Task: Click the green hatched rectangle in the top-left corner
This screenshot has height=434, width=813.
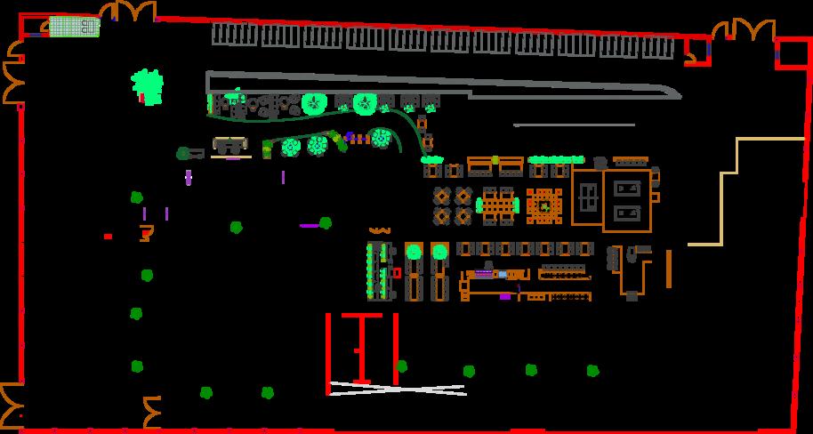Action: point(73,27)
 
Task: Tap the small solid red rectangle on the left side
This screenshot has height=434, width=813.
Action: point(108,237)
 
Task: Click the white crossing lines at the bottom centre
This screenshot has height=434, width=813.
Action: point(397,389)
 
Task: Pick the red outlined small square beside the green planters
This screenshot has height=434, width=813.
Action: point(397,272)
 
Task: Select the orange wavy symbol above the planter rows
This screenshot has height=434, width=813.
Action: point(380,231)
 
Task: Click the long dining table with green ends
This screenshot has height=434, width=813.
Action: point(499,205)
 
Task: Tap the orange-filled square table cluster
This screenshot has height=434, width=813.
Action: point(543,205)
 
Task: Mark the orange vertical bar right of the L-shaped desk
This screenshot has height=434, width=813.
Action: point(668,269)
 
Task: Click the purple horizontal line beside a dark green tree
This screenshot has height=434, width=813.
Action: point(309,226)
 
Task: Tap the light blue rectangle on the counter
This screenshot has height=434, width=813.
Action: point(502,275)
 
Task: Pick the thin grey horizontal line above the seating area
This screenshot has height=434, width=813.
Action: point(574,125)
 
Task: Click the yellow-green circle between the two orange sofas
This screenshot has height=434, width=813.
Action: point(495,160)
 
